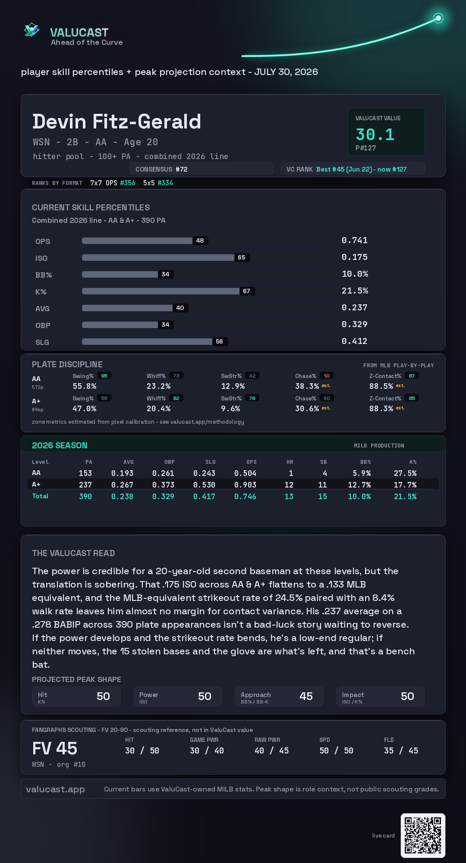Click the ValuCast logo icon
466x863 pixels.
click(x=32, y=30)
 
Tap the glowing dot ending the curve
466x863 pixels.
click(x=438, y=18)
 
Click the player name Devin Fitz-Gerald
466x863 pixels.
click(x=116, y=122)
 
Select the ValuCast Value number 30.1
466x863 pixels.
click(x=375, y=134)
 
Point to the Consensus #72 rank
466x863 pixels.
click(x=161, y=169)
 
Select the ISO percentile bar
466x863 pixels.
click(x=158, y=257)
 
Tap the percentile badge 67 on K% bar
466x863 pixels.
click(x=247, y=291)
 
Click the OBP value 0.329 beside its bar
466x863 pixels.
click(x=355, y=324)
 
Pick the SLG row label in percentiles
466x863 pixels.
click(x=42, y=342)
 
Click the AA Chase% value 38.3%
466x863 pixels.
click(x=307, y=386)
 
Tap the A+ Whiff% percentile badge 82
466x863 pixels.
click(x=176, y=398)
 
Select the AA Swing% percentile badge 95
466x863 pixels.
click(x=104, y=376)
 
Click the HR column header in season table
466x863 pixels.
click(x=290, y=462)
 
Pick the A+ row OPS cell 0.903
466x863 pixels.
click(x=245, y=485)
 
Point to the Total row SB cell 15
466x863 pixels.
click(x=323, y=497)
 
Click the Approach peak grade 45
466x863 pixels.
click(x=306, y=696)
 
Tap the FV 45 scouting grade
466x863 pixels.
click(x=55, y=748)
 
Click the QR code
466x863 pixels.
click(x=423, y=835)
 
